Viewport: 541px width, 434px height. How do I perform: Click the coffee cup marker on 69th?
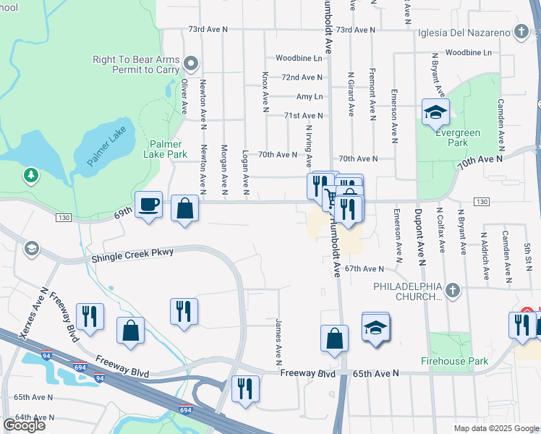click(x=149, y=205)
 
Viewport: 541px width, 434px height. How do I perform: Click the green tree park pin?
click(x=30, y=174)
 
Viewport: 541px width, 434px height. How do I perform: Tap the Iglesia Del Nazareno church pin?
click(x=521, y=32)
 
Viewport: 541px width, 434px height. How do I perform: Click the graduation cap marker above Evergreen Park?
click(x=435, y=112)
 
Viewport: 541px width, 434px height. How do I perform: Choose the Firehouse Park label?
click(x=451, y=359)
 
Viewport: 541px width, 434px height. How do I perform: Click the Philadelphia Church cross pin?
click(x=453, y=291)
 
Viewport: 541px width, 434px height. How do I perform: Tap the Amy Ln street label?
click(x=309, y=96)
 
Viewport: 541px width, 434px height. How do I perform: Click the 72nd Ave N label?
click(x=302, y=77)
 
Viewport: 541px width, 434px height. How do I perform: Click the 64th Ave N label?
click(x=34, y=417)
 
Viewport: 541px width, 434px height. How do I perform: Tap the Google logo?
click(x=24, y=425)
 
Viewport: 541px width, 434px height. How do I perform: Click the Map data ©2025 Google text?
click(x=495, y=428)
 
